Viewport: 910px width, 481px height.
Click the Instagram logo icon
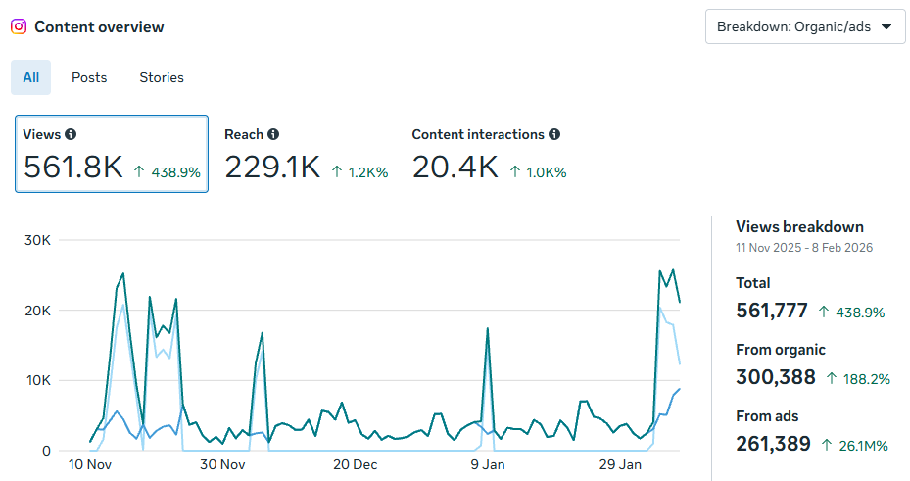click(x=19, y=27)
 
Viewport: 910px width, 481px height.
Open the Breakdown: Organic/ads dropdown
click(x=804, y=26)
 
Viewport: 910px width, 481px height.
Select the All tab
click(x=30, y=77)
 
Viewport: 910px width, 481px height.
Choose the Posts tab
click(x=89, y=77)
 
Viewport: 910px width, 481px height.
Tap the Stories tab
click(x=162, y=77)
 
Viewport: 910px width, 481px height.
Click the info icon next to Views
click(x=71, y=134)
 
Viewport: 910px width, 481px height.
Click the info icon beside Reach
click(x=273, y=134)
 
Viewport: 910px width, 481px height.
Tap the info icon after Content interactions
click(x=554, y=134)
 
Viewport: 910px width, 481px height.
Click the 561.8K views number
click(x=73, y=168)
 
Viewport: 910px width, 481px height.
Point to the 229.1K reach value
click(x=272, y=168)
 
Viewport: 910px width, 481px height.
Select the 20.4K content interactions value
click(x=455, y=168)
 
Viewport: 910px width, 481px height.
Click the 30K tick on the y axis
click(x=37, y=240)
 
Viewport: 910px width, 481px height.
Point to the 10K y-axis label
click(x=37, y=380)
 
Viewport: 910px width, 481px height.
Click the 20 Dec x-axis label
click(x=355, y=464)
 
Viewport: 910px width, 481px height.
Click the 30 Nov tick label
click(x=221, y=464)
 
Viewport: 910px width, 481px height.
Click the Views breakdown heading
click(x=799, y=226)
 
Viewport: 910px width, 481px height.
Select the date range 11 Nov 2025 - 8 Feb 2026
click(x=803, y=248)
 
